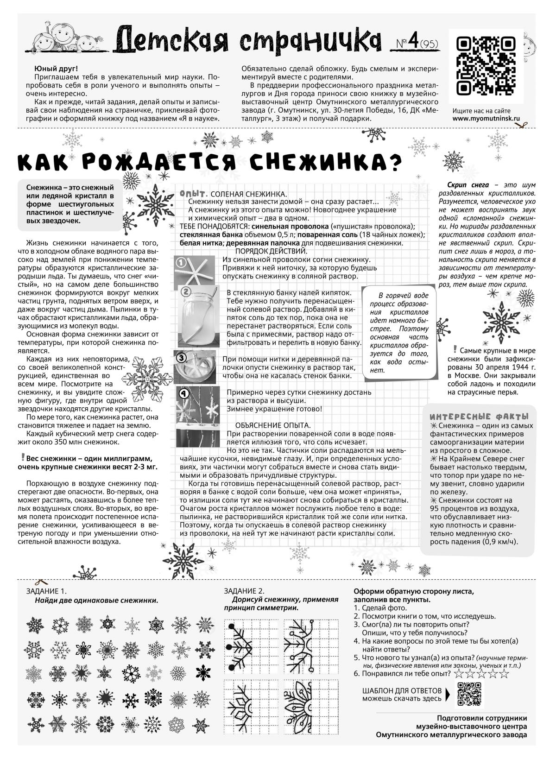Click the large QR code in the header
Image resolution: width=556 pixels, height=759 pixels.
click(486, 66)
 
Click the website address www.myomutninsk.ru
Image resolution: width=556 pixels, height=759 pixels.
click(486, 118)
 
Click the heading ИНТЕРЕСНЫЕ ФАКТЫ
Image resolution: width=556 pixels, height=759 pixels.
click(479, 416)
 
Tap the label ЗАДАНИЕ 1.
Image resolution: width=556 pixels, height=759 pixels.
click(46, 591)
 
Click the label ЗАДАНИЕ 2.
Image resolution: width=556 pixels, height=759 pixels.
click(244, 591)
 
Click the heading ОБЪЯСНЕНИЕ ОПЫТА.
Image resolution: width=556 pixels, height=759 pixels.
click(273, 425)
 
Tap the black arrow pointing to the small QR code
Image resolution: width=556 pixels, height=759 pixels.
click(448, 693)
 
